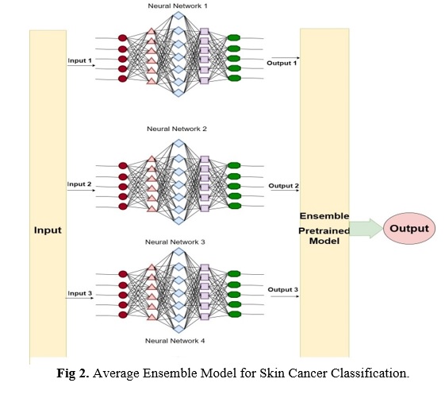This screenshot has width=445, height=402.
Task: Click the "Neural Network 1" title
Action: [178, 6]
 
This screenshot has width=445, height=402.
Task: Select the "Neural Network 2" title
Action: [177, 129]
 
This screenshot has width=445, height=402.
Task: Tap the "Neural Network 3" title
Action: [175, 242]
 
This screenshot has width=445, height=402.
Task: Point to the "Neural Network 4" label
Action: [175, 341]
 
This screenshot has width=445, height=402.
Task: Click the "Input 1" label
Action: [80, 60]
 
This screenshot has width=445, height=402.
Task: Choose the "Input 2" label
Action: [79, 184]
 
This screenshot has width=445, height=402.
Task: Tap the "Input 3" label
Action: [80, 293]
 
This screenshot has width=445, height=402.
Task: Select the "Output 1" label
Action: [282, 63]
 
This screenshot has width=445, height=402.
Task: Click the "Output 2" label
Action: [283, 186]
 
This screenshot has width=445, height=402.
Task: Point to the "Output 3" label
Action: [283, 289]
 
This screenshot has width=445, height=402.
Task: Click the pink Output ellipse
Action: [409, 228]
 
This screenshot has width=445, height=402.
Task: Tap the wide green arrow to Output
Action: [366, 228]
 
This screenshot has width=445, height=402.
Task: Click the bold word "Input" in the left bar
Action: [48, 230]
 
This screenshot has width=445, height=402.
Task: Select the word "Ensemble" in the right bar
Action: [324, 216]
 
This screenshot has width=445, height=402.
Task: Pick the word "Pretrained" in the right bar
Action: [324, 230]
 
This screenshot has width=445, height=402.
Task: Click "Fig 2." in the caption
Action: [73, 373]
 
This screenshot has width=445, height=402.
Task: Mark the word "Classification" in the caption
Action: [368, 373]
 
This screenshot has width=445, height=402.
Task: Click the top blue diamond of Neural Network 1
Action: [178, 15]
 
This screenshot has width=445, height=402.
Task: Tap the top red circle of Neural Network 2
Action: [123, 165]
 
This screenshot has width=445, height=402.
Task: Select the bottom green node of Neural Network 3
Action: [235, 315]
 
